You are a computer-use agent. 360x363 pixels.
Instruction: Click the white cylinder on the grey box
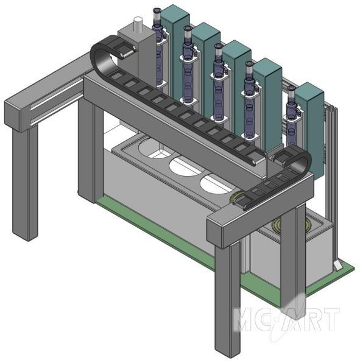click(x=138, y=24)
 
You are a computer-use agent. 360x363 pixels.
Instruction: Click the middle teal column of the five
click(x=236, y=86)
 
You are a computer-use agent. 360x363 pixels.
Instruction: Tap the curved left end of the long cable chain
click(x=99, y=55)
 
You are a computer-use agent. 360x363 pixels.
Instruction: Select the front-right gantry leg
click(x=227, y=297)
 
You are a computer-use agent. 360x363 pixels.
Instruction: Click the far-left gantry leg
click(x=25, y=183)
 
